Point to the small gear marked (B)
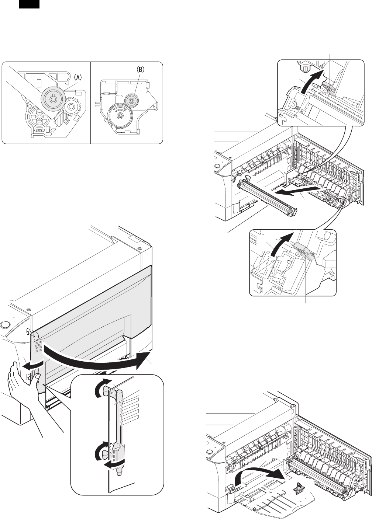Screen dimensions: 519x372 [x=131, y=100]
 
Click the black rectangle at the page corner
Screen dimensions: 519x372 [x=29, y=4]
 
